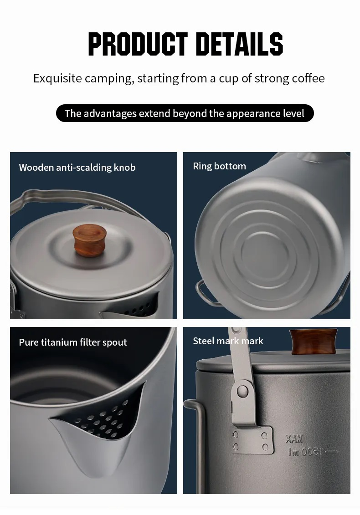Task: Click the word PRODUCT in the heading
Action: tap(138, 44)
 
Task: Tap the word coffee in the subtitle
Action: tap(308, 78)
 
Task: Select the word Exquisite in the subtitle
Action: tap(57, 78)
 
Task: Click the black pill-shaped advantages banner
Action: tap(185, 113)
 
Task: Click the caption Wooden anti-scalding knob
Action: tap(77, 168)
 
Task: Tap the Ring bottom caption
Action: tap(219, 166)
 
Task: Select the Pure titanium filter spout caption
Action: tap(72, 342)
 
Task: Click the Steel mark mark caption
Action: tap(228, 341)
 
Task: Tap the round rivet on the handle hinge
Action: tap(242, 391)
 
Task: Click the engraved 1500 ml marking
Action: tap(311, 452)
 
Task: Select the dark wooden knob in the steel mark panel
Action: tap(314, 342)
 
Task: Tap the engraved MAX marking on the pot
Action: tap(293, 439)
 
